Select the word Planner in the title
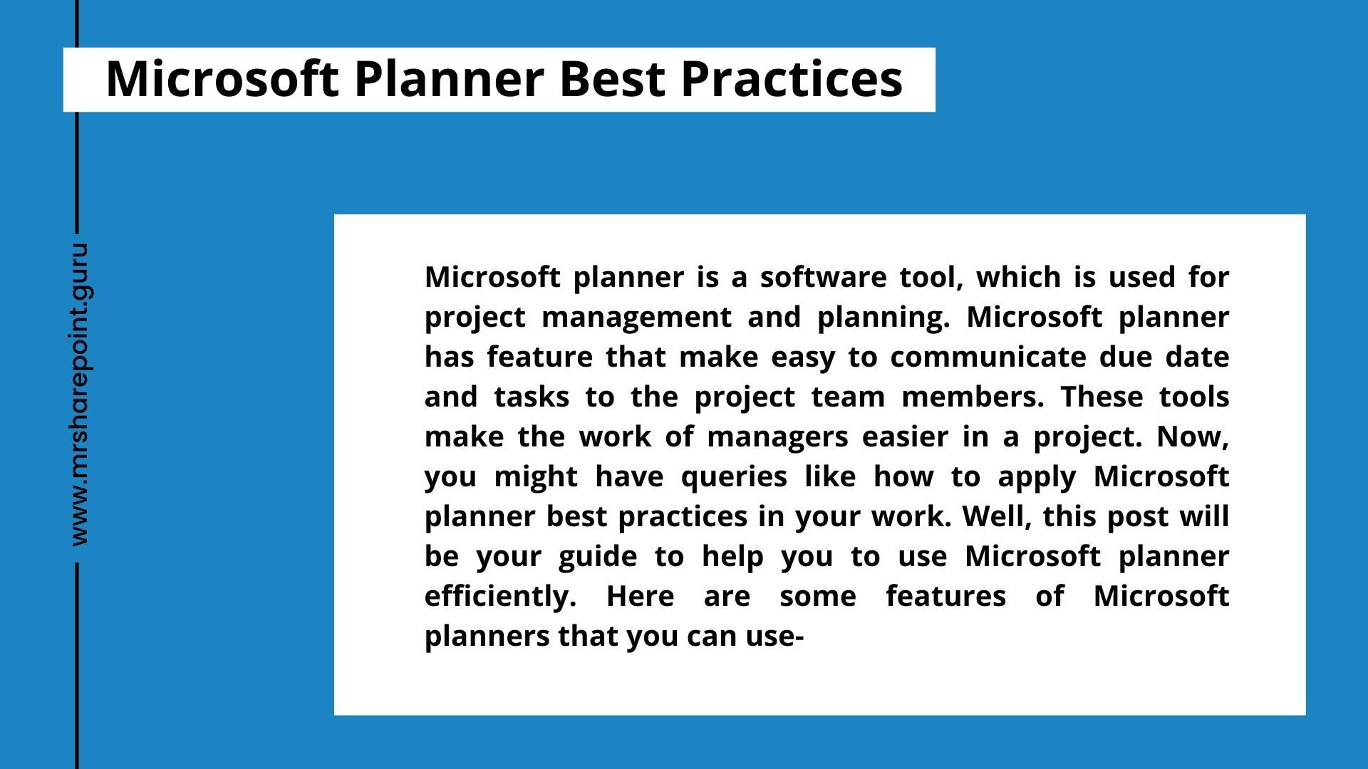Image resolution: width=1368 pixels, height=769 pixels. tap(449, 78)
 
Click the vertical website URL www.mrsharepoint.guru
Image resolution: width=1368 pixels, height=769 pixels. tap(80, 394)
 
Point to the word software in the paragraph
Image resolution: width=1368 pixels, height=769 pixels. tap(822, 277)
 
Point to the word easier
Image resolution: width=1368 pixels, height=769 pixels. tap(905, 436)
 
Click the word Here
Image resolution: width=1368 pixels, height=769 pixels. tap(640, 596)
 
